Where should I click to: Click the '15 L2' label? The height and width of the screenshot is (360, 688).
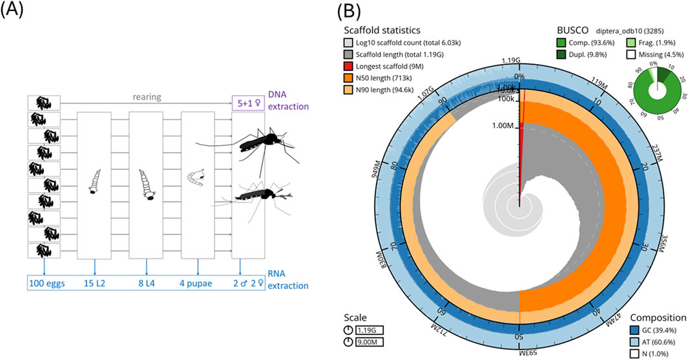pyautogui.click(x=95, y=282)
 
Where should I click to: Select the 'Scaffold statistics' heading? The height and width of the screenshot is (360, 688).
pyautogui.click(x=382, y=30)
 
